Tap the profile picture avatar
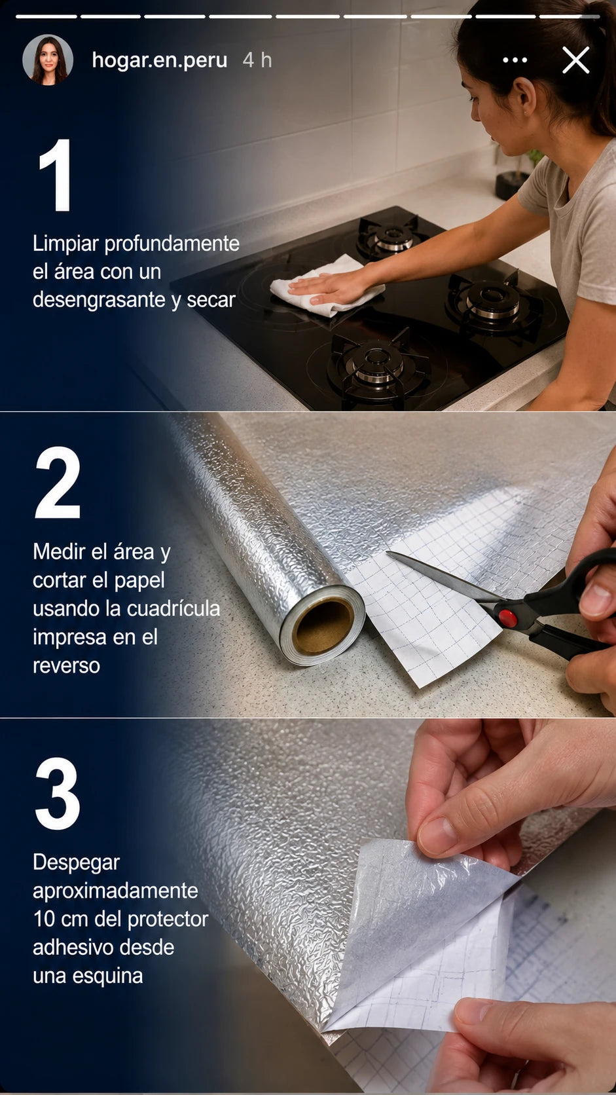(48, 60)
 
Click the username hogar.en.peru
(160, 60)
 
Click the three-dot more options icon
(515, 60)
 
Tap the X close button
(576, 60)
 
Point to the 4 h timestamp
(257, 60)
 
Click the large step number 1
(56, 174)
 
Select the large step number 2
(58, 482)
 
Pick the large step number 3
(58, 793)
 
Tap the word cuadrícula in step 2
(173, 608)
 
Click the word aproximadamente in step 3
(115, 891)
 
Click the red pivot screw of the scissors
(507, 618)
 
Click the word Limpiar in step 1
(66, 244)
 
